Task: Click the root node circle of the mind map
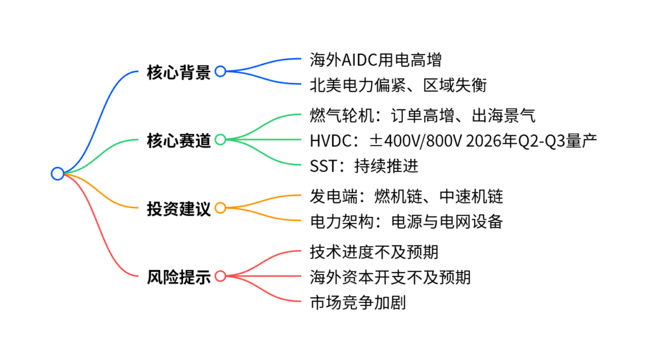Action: click(58, 173)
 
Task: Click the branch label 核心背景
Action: click(178, 72)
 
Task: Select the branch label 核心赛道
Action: click(178, 140)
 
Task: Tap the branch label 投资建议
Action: click(178, 208)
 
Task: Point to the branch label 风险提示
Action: click(178, 276)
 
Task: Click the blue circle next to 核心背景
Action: click(220, 71)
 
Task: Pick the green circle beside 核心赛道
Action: click(220, 140)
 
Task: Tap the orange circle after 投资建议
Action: click(220, 208)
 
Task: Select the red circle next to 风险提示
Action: click(220, 276)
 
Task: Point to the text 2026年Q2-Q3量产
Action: click(531, 140)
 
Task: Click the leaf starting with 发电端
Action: click(406, 197)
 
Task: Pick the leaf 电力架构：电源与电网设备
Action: click(406, 221)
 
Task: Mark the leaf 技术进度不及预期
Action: click(374, 252)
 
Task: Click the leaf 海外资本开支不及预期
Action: click(390, 277)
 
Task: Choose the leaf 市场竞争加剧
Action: click(358, 302)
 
